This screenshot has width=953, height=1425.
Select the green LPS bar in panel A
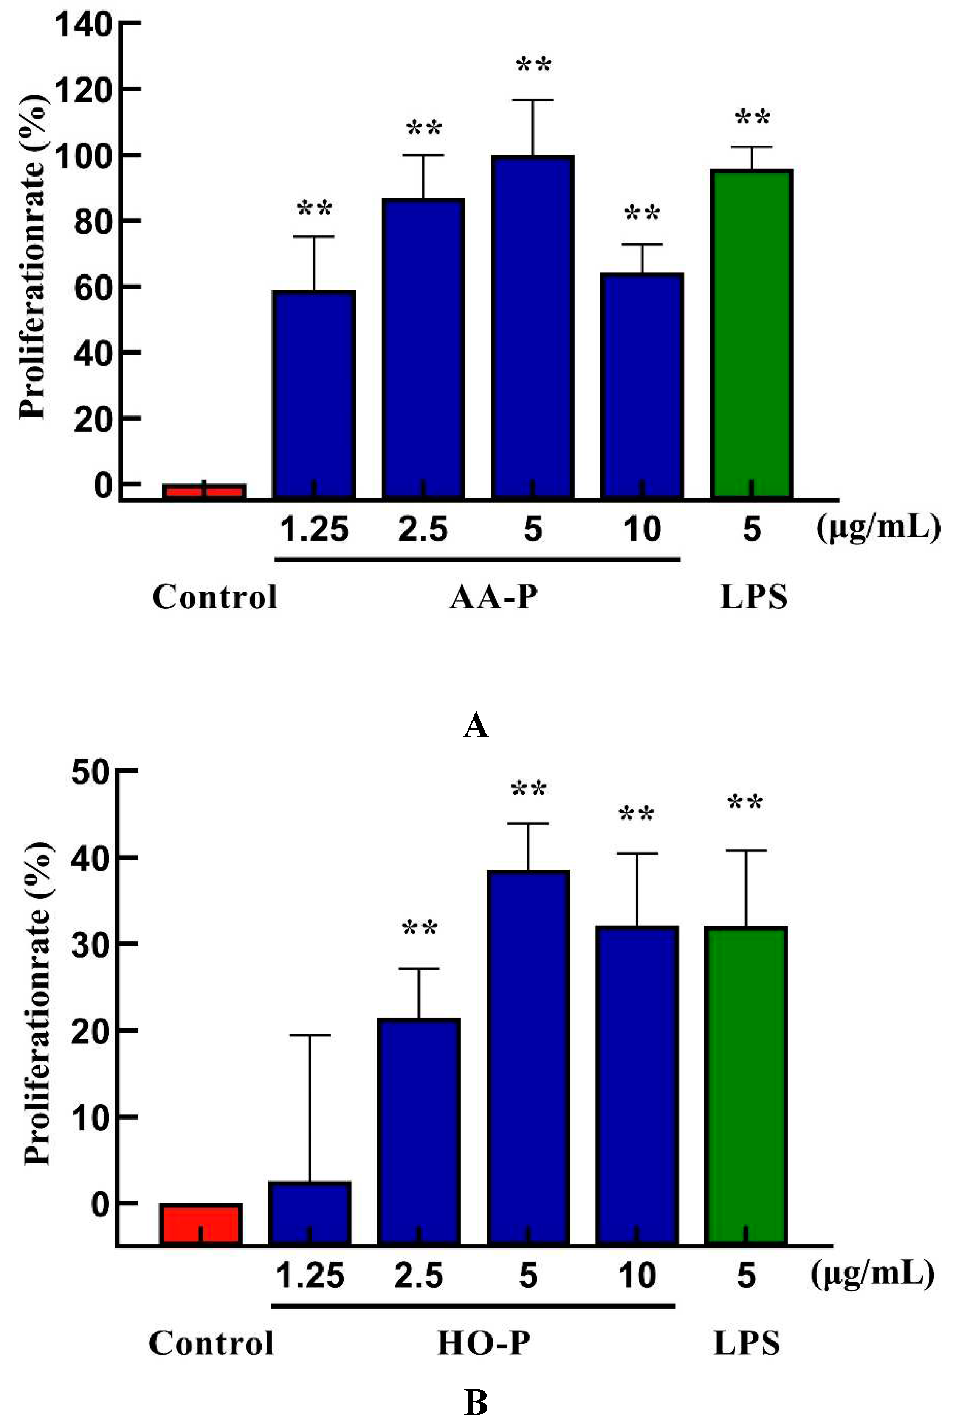[752, 334]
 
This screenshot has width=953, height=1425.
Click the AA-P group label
[494, 597]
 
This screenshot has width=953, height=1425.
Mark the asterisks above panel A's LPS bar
[752, 117]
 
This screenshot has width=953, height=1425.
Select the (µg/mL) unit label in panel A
[878, 527]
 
